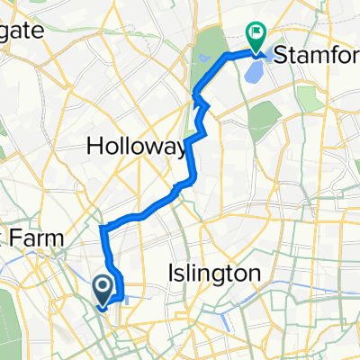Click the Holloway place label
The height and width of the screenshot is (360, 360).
click(137, 146)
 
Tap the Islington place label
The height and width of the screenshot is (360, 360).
click(215, 272)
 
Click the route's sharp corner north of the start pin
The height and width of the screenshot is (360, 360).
click(101, 226)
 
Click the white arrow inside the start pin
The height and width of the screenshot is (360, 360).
click(103, 287)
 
